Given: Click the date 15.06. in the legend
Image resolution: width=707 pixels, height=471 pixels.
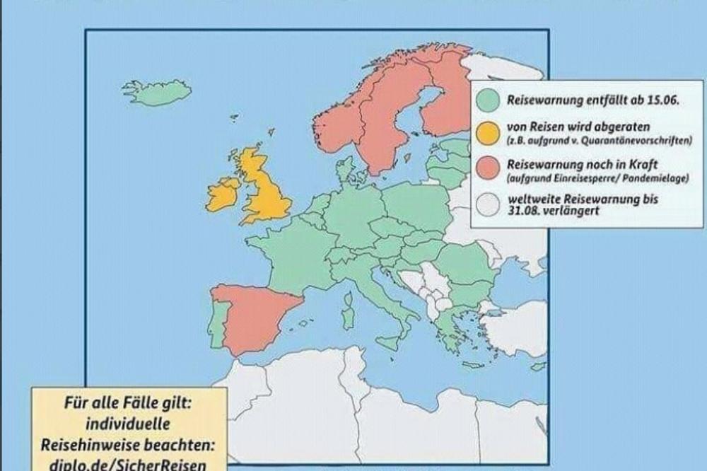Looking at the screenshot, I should (x=663, y=102).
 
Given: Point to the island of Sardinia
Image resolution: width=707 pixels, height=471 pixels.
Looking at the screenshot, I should (x=348, y=312).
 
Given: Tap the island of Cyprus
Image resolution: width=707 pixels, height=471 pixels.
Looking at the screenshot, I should (x=537, y=366).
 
